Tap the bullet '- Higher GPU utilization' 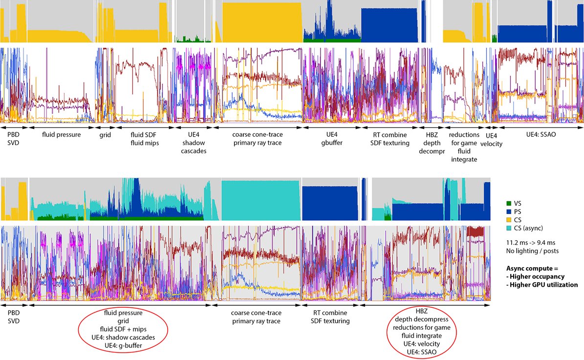(542, 285)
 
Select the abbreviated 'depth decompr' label (430, 151)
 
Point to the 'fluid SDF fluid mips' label (143, 138)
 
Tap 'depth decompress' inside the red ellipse (421, 319)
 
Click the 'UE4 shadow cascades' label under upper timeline (194, 143)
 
